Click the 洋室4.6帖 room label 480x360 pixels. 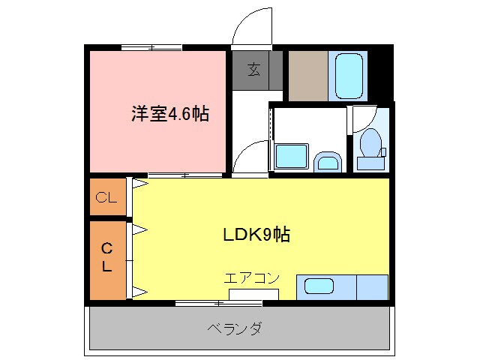pyautogui.click(x=169, y=114)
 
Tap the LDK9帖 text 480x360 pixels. pyautogui.click(x=256, y=234)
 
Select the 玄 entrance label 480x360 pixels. pyautogui.click(x=254, y=70)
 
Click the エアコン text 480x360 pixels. pyautogui.click(x=251, y=278)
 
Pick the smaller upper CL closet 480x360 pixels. pyautogui.click(x=107, y=198)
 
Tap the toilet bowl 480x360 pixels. pyautogui.click(x=370, y=144)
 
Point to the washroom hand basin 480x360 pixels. pyautogui.click(x=328, y=160)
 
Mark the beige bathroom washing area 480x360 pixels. pyautogui.click(x=307, y=76)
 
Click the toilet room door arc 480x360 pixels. pyautogui.click(x=364, y=117)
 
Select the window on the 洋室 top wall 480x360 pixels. pyautogui.click(x=151, y=47)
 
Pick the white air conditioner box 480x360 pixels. pyautogui.click(x=253, y=293)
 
